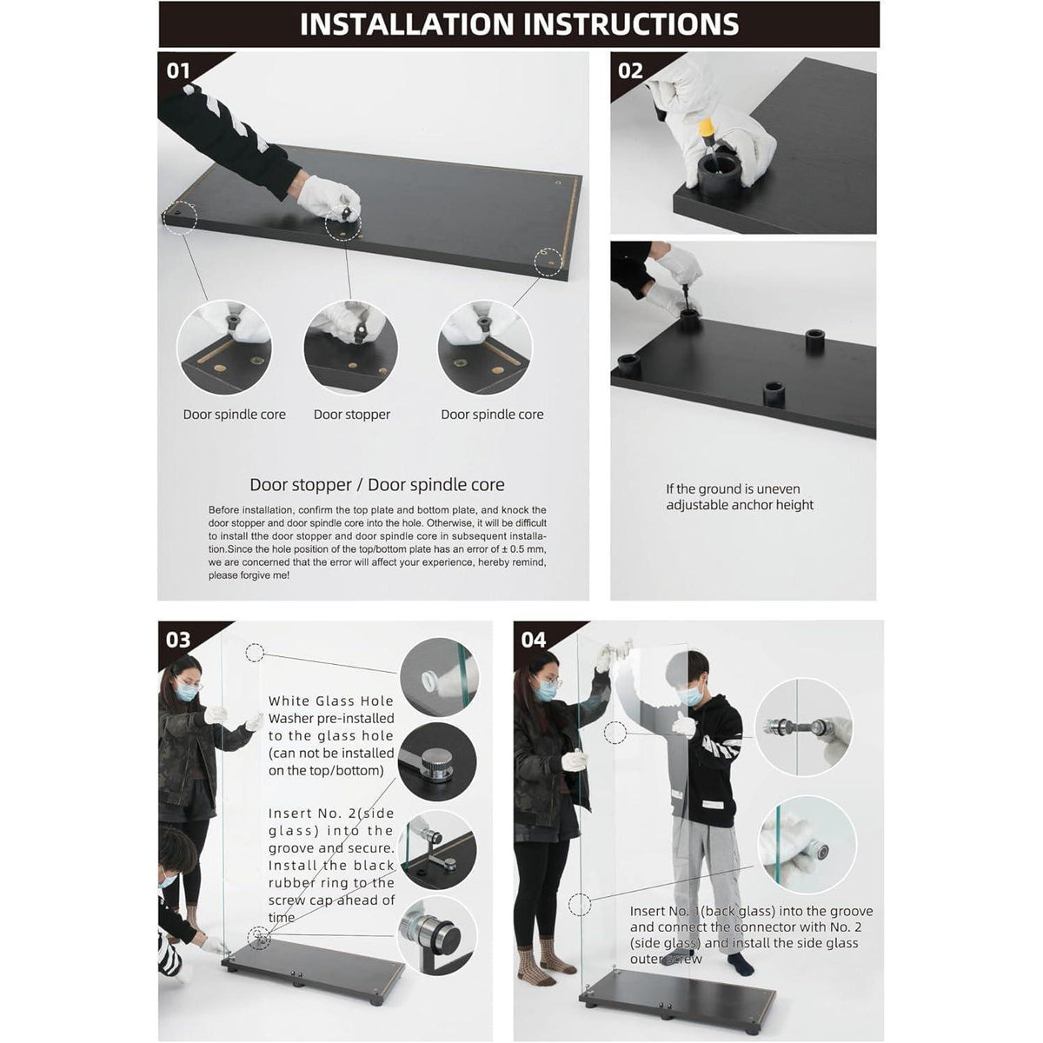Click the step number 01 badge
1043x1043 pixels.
[x=178, y=71]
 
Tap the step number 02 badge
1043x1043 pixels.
[x=630, y=71]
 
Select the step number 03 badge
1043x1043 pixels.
[x=178, y=640]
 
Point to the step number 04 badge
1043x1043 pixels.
[x=533, y=640]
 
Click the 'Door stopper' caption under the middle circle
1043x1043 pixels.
[x=352, y=415]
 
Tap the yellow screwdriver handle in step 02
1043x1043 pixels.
[x=707, y=130]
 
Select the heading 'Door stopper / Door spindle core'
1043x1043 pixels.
[x=376, y=484]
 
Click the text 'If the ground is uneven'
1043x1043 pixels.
[x=733, y=488]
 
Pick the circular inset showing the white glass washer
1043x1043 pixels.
[x=439, y=678]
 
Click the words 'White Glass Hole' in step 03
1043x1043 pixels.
[x=330, y=701]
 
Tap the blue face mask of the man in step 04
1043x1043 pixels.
[x=691, y=696]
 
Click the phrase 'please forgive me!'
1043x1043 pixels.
[x=249, y=575]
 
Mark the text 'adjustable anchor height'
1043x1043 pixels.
[x=740, y=505]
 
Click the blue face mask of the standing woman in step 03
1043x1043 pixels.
[x=186, y=692]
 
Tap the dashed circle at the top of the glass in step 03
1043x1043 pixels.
[x=255, y=653]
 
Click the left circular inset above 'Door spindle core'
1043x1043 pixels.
[x=224, y=348]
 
